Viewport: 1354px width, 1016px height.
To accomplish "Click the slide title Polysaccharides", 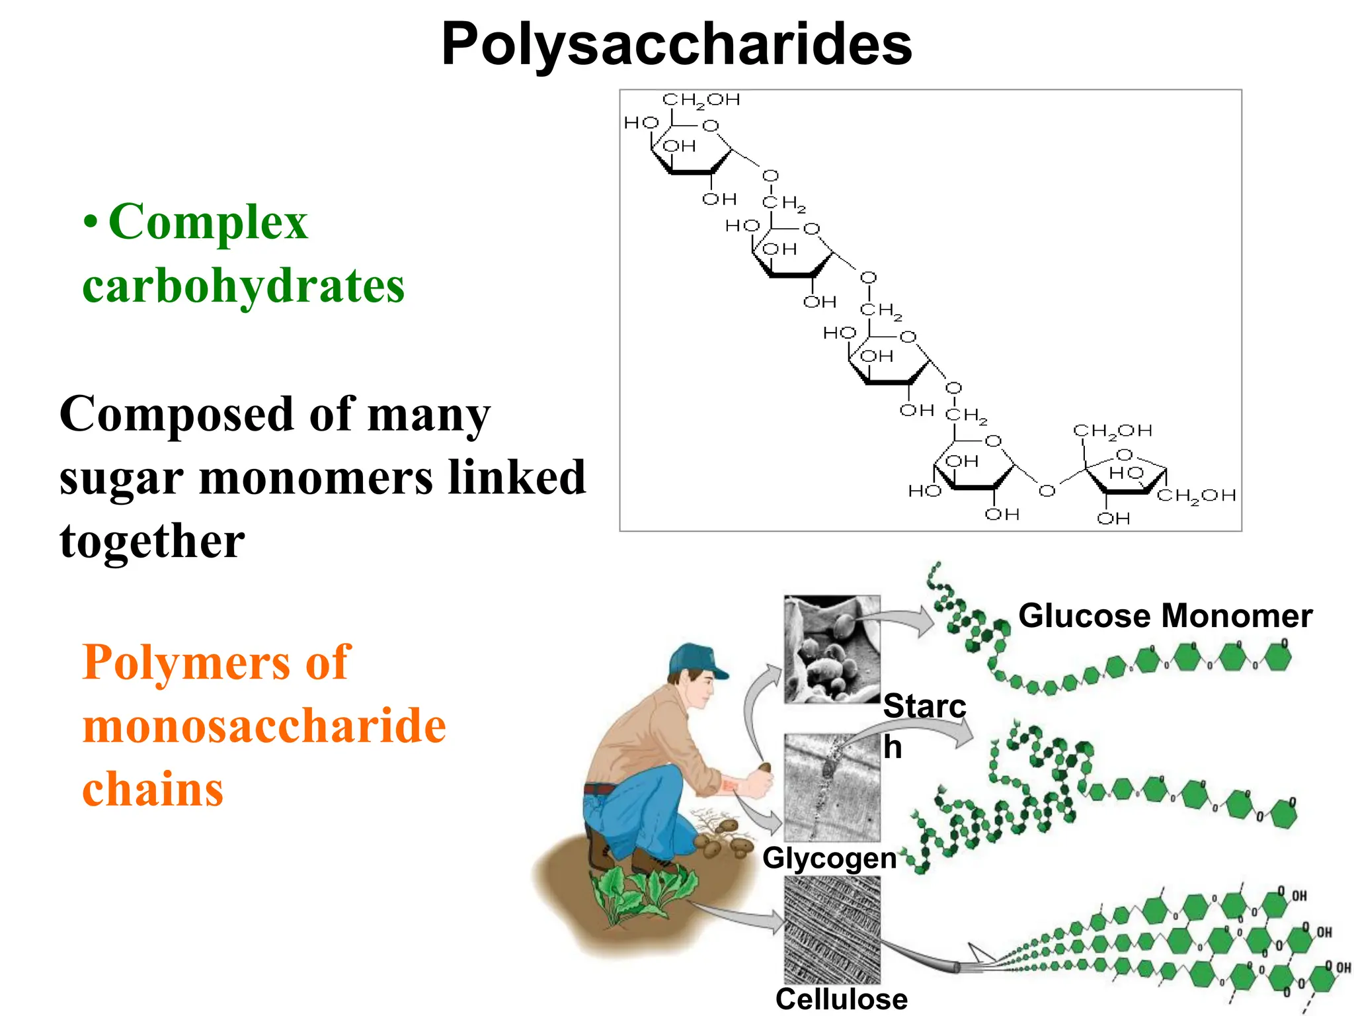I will click(676, 45).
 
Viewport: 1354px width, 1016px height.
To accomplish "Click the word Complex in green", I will click(208, 222).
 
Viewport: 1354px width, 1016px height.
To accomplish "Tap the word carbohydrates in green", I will click(243, 286).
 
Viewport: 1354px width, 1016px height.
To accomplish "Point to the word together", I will click(152, 541).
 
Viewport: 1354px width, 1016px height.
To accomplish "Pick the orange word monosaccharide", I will click(264, 726).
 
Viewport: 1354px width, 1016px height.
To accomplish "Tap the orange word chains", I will click(153, 789).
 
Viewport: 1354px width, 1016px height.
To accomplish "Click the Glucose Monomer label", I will click(1164, 616).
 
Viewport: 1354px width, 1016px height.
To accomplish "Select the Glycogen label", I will click(829, 859).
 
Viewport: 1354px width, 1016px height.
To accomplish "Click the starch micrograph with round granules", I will click(832, 649).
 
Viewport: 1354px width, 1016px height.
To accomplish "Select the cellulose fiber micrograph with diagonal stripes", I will click(832, 929).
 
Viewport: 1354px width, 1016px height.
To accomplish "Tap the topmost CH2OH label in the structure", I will click(701, 100).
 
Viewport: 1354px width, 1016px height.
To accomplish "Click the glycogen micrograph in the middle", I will click(832, 787).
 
